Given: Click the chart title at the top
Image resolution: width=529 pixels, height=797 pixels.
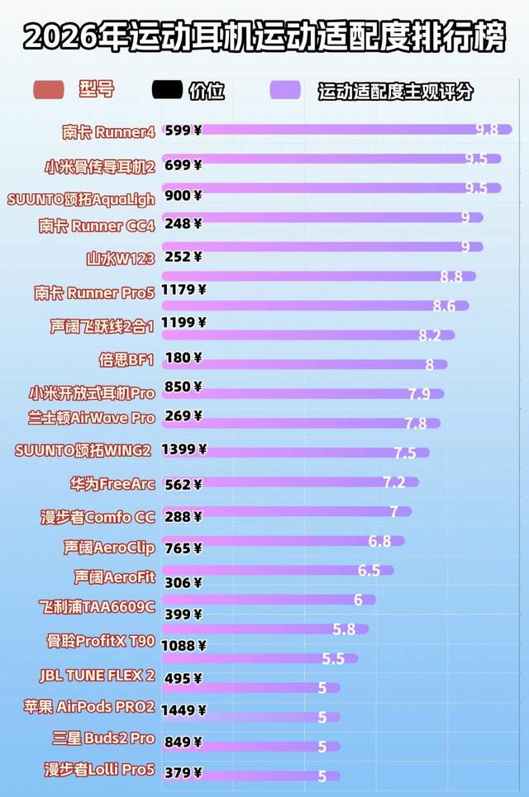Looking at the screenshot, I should click(x=264, y=36).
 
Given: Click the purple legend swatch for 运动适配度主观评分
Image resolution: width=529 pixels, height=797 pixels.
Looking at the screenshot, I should click(x=285, y=90).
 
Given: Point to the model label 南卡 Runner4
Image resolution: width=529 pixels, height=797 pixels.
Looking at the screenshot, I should click(x=108, y=131).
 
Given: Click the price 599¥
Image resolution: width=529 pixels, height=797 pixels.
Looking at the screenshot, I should click(x=183, y=130).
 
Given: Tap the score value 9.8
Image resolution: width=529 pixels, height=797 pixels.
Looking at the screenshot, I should click(x=487, y=129).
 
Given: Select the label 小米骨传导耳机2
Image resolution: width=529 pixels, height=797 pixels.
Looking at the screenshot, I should click(x=100, y=166).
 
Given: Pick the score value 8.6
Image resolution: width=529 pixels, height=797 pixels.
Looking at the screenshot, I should click(x=444, y=306).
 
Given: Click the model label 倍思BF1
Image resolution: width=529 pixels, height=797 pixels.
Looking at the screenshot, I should click(x=126, y=359).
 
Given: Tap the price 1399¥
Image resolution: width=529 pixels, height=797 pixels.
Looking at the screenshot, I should click(x=184, y=450).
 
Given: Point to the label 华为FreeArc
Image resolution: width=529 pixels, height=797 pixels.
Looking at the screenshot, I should click(x=112, y=484).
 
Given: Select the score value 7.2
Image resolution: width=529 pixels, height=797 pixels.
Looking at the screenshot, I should click(x=393, y=482).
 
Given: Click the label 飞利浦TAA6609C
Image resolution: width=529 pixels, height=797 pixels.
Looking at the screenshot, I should click(x=97, y=607).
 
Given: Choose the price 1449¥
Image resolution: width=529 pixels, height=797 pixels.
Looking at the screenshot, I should click(x=184, y=709).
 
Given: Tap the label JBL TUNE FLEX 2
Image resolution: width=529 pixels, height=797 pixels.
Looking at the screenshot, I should click(x=97, y=675).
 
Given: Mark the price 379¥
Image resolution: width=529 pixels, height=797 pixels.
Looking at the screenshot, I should click(x=183, y=772).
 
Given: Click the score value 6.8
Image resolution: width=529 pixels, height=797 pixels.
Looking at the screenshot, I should click(x=379, y=541).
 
